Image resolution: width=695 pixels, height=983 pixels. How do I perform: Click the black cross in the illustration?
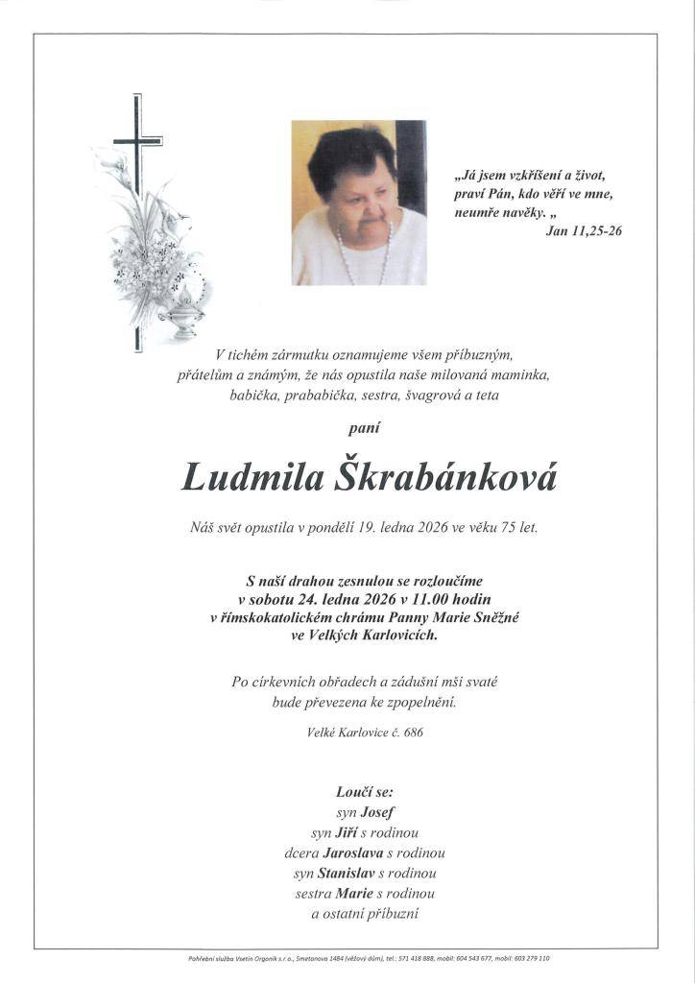(x=137, y=144)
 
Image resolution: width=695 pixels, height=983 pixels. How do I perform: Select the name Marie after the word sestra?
(x=354, y=893)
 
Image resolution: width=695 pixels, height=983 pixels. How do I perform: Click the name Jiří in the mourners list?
(x=347, y=832)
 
